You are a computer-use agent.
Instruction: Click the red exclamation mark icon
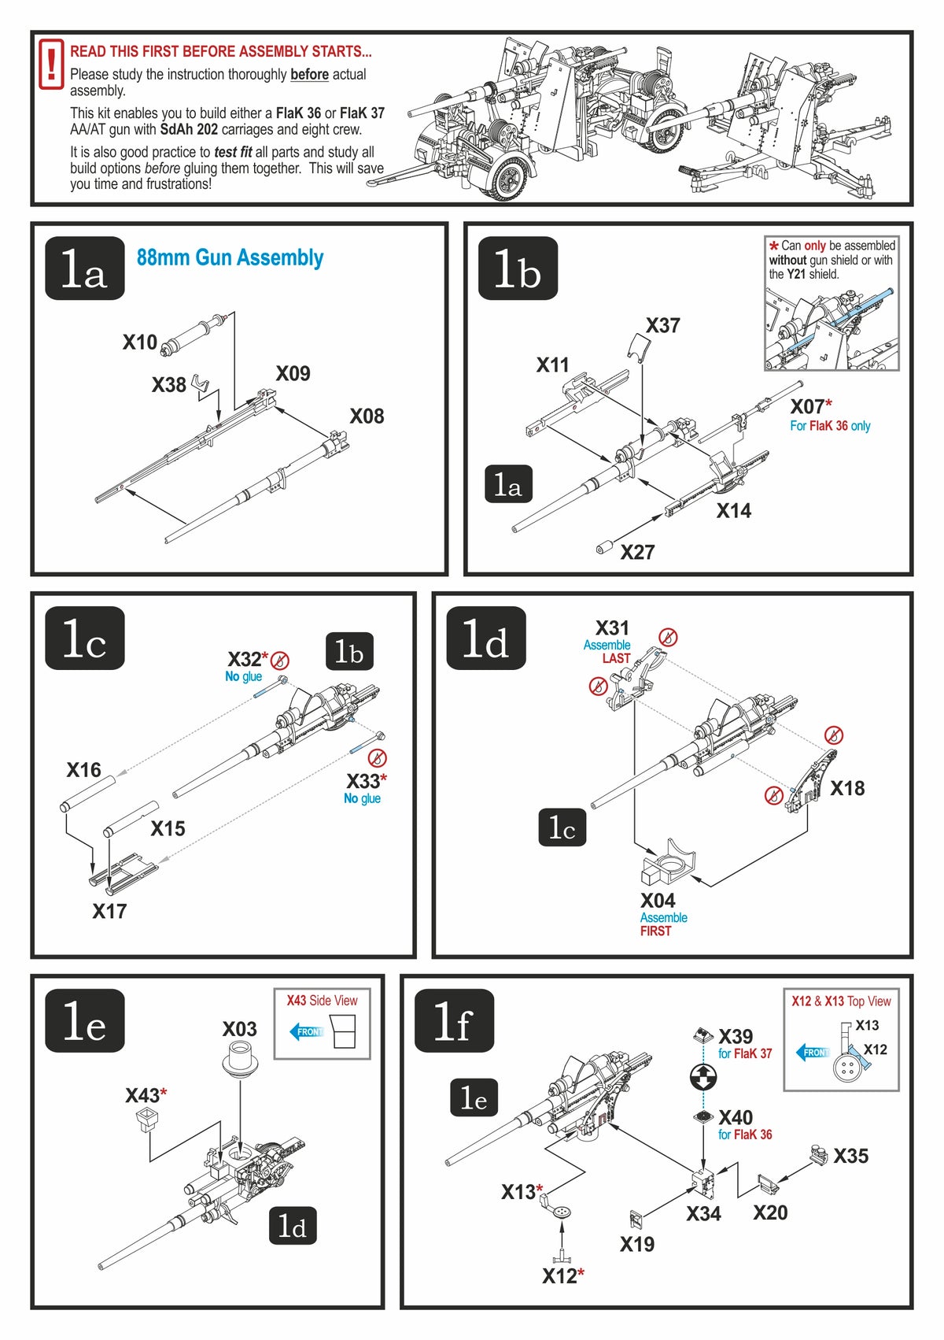click(x=51, y=63)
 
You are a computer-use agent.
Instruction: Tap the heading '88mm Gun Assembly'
click(x=230, y=257)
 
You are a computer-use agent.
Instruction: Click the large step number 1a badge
click(x=85, y=268)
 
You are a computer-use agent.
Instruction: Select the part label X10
click(x=139, y=342)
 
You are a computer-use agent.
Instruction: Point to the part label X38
click(x=168, y=385)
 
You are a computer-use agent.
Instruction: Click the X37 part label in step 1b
click(x=662, y=326)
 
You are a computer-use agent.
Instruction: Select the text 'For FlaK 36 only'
click(x=830, y=426)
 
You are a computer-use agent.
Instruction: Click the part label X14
click(x=733, y=511)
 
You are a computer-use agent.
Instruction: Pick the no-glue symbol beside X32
click(x=279, y=661)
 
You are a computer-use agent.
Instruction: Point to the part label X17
click(x=109, y=911)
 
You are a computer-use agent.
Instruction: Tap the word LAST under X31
click(x=616, y=658)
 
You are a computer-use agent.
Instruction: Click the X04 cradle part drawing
click(x=669, y=864)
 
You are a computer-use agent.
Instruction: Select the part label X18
click(x=847, y=788)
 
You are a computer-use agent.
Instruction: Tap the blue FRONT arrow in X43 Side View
click(x=307, y=1031)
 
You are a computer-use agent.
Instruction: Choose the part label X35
click(x=850, y=1156)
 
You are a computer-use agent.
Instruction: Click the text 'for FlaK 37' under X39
click(x=744, y=1053)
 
